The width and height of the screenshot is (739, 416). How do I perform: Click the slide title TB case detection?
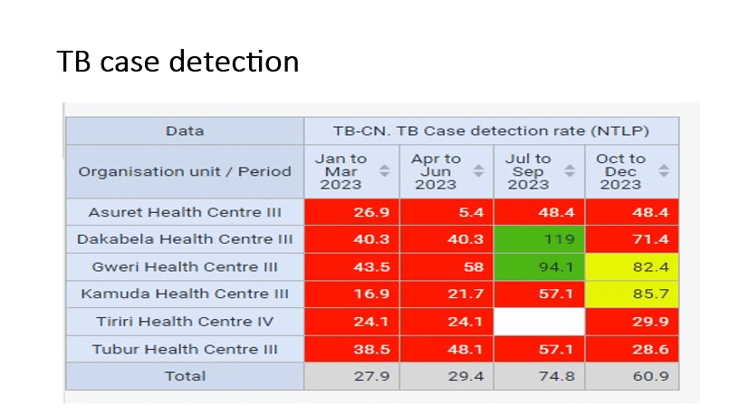point(178,62)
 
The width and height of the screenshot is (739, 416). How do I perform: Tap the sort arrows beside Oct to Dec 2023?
point(664,171)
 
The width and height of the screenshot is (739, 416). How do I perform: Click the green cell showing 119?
point(539,239)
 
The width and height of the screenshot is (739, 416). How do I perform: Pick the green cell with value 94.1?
point(539,267)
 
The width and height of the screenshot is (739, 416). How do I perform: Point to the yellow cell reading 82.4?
point(631,267)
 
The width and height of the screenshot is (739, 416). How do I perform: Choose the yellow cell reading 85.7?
point(631,295)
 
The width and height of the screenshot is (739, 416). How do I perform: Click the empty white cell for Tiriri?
point(539,322)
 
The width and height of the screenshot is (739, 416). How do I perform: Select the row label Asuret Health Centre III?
point(185,212)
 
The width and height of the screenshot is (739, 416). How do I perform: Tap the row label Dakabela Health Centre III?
point(185,239)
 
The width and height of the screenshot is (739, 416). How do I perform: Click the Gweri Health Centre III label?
point(185,267)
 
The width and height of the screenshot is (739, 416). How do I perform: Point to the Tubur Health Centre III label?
point(185,349)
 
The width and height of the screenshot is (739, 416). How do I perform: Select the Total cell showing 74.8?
point(539,376)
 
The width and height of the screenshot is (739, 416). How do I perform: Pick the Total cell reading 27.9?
point(350,376)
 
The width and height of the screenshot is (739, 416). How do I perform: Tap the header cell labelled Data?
point(185,131)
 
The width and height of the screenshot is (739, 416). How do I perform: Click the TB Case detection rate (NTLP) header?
point(491,131)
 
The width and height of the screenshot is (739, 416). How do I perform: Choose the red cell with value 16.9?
point(350,295)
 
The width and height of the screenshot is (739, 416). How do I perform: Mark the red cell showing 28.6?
point(631,349)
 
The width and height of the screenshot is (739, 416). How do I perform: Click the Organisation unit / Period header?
point(185,171)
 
